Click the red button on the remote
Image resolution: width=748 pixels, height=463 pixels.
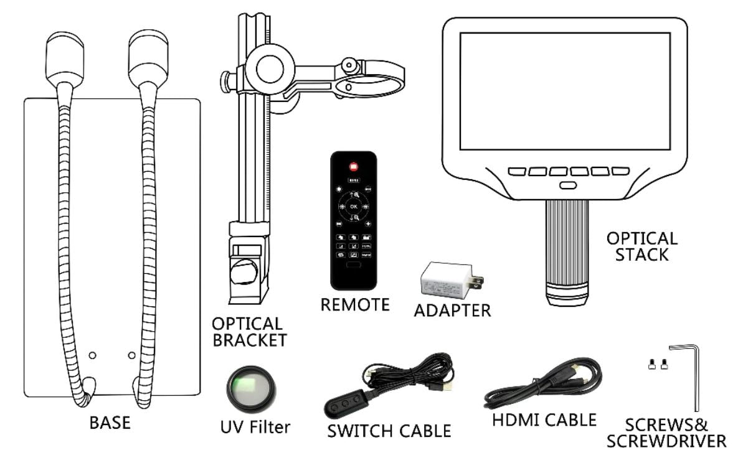353,167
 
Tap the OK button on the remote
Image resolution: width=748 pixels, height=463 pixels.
353,206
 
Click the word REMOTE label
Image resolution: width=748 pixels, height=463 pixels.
355,304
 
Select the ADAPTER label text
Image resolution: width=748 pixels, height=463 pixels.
452,309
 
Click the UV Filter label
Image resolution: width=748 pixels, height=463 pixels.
255,427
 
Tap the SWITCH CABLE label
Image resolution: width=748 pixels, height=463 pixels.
389,430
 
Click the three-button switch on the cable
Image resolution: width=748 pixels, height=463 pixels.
344,403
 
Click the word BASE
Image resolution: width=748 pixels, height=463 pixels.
110,423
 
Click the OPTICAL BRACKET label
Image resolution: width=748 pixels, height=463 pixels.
249,332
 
